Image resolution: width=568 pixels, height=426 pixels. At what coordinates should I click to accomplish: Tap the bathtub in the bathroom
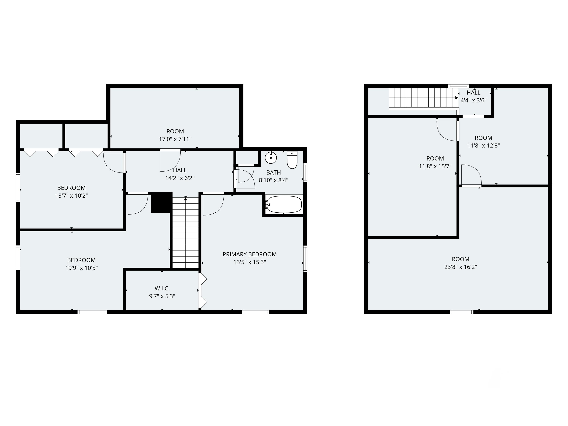[284, 204]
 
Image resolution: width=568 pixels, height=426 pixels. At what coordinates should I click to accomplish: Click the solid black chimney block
[162, 202]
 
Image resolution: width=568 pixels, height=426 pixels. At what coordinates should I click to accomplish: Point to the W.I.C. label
[162, 288]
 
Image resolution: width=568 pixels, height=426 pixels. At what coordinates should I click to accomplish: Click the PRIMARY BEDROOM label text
[250, 254]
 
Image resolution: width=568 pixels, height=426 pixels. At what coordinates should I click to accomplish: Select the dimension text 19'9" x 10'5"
[81, 268]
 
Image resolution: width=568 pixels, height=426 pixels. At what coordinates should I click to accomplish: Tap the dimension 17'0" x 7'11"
[175, 139]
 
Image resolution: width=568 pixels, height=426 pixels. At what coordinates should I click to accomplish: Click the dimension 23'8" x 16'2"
[460, 267]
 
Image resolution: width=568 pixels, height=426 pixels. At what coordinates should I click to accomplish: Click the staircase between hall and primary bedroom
[185, 232]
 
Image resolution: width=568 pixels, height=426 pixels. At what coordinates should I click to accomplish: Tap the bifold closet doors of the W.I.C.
[203, 290]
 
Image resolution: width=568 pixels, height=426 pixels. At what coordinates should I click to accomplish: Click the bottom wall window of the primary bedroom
[255, 312]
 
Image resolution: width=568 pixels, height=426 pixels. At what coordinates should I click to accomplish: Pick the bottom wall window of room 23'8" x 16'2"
[461, 312]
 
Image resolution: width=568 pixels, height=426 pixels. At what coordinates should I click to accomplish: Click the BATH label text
[273, 172]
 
